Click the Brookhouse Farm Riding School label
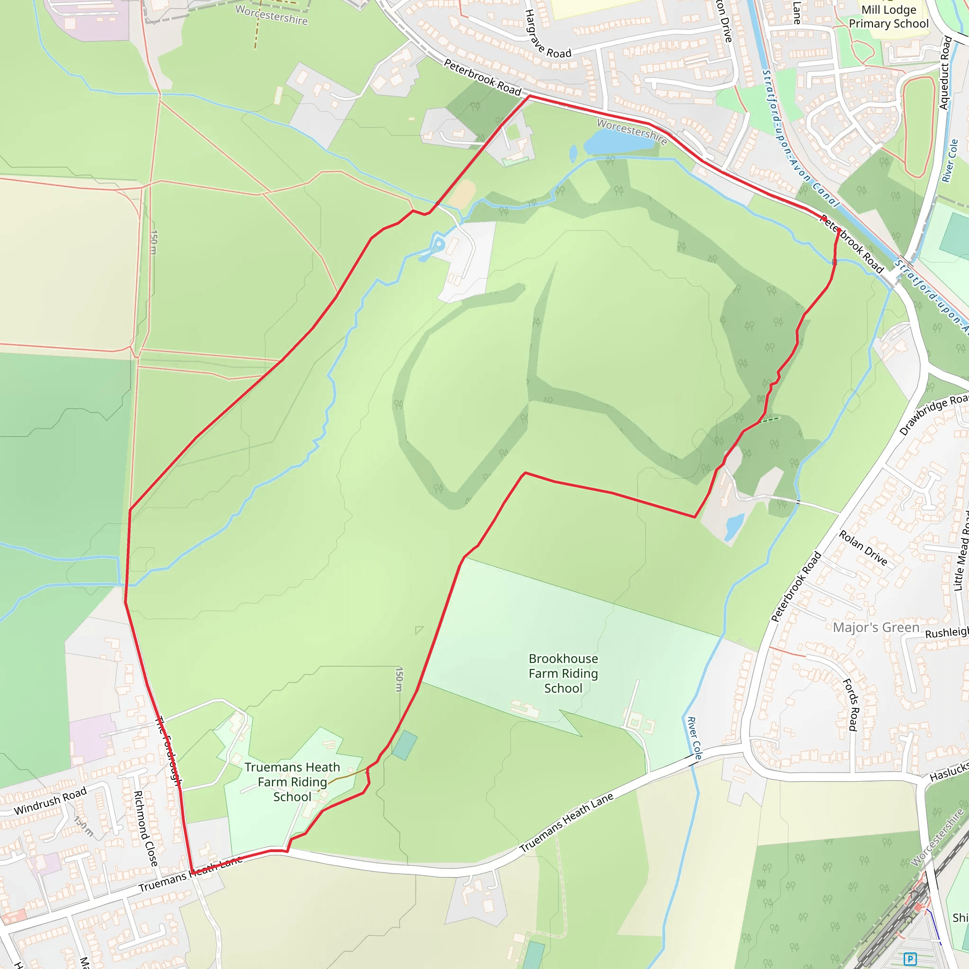[563, 673]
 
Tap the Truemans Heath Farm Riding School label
[292, 782]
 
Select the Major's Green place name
[876, 627]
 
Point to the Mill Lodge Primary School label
[888, 17]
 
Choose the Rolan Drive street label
[863, 548]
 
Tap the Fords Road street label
[851, 704]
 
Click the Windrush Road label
[50, 801]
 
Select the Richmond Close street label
[146, 828]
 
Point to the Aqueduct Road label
[945, 73]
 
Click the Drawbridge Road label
[934, 414]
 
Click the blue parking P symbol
[910, 959]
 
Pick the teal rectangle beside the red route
[404, 745]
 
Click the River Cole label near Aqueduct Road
[950, 160]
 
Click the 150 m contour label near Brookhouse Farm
[399, 679]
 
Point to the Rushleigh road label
[946, 633]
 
